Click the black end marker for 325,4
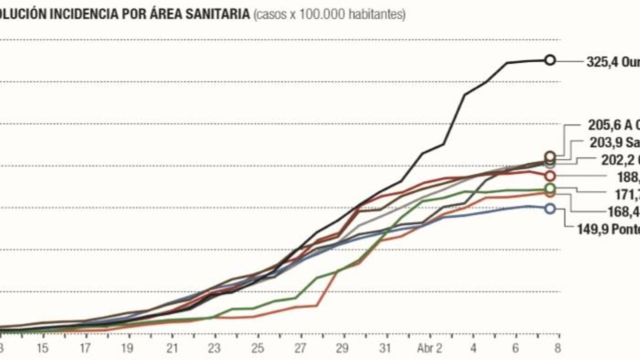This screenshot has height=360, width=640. click(x=550, y=60)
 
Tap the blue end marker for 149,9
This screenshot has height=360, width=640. click(x=550, y=208)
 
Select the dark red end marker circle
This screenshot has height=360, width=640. click(x=550, y=176)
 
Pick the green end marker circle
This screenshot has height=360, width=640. click(x=550, y=188)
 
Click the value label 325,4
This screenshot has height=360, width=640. click(x=602, y=62)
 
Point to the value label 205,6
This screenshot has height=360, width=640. click(x=604, y=125)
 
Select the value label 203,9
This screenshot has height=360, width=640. click(x=606, y=142)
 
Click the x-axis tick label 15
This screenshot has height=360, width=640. click(x=42, y=348)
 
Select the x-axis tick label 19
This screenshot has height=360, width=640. click(x=127, y=348)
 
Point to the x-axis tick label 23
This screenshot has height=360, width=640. click(x=214, y=348)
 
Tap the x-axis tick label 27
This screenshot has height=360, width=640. click(x=300, y=348)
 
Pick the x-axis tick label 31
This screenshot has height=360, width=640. click(x=385, y=348)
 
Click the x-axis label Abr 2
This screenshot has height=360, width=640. click(x=430, y=348)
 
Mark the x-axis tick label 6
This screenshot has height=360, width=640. click(x=516, y=348)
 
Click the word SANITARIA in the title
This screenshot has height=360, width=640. click(x=216, y=14)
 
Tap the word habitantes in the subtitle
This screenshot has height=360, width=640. click(x=377, y=14)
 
